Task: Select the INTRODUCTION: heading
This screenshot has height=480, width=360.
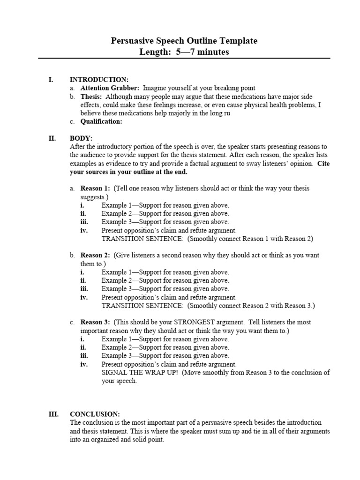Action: pyautogui.click(x=99, y=80)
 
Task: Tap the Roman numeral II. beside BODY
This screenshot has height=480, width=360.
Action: pyautogui.click(x=52, y=138)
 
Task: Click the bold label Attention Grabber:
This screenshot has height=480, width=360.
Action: pyautogui.click(x=110, y=88)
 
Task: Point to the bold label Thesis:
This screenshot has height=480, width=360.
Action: pyautogui.click(x=91, y=97)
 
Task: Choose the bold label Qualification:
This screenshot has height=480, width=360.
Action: pyautogui.click(x=101, y=121)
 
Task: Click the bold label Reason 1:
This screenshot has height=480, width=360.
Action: pyautogui.click(x=95, y=188)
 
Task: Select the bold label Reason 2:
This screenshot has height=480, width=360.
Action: pyautogui.click(x=95, y=255)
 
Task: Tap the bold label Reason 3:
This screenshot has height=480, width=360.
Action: pyautogui.click(x=95, y=322)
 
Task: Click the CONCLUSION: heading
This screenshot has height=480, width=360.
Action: pyautogui.click(x=95, y=414)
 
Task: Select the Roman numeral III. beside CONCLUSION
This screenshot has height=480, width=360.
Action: pyautogui.click(x=53, y=414)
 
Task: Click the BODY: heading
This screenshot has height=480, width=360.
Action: pyautogui.click(x=81, y=138)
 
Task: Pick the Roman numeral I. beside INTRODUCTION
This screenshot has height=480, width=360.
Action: pyautogui.click(x=51, y=80)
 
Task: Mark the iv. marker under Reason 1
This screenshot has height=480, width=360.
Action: pyautogui.click(x=83, y=231)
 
